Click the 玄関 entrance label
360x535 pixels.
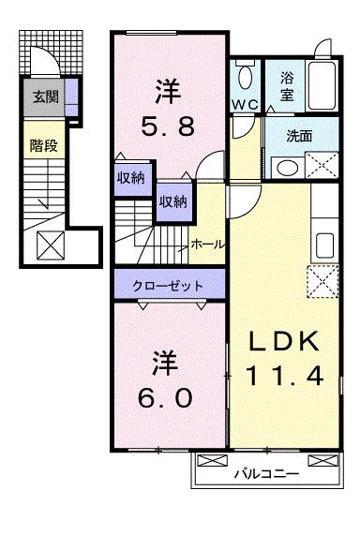[x=44, y=96]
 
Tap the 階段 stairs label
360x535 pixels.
[x=43, y=145]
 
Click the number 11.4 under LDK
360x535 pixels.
[x=286, y=375]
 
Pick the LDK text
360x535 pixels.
[x=286, y=342]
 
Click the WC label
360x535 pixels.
[x=247, y=105]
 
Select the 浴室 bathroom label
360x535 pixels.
[x=287, y=87]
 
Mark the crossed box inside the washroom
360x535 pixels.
[x=319, y=165]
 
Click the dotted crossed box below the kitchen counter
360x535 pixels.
[x=323, y=279]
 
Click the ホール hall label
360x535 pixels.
[x=206, y=244]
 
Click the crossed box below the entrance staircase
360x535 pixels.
[x=50, y=245]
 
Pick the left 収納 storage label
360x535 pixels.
[x=129, y=178]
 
